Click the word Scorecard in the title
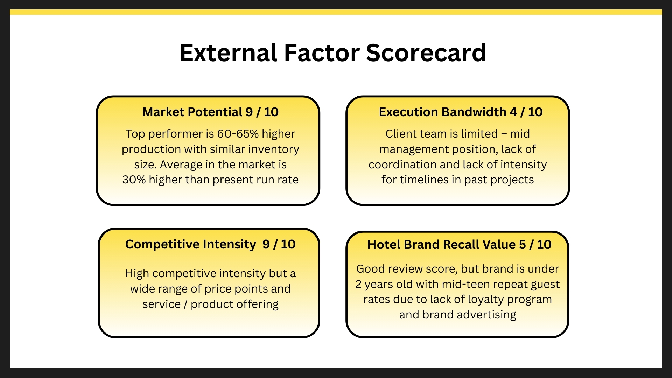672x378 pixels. [426, 53]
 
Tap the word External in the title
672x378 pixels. [229, 53]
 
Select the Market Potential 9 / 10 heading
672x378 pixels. [210, 112]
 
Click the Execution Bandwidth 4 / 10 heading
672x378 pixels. [461, 112]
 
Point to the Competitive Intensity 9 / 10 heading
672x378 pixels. [210, 244]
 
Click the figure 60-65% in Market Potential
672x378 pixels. [238, 134]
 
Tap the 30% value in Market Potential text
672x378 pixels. [134, 180]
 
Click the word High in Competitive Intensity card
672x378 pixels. [137, 273]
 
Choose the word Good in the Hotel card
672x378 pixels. [370, 269]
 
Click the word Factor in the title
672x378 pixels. [322, 53]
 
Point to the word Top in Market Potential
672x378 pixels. [135, 134]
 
